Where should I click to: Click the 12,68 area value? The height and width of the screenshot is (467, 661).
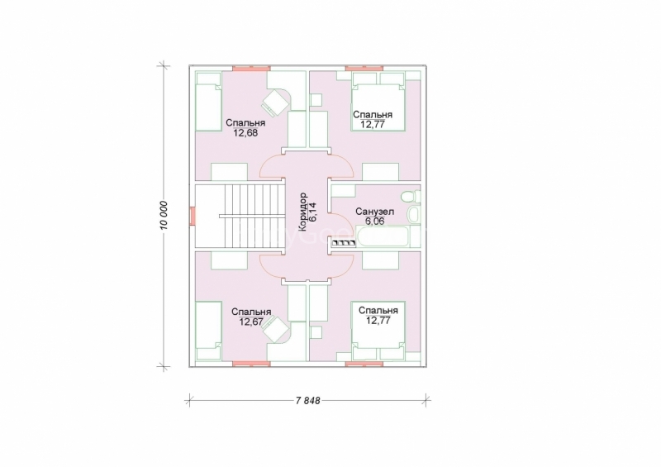pos(245,133)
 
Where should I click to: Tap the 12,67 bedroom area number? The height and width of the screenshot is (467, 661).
pos(251,322)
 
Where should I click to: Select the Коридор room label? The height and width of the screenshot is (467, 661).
pos(302,212)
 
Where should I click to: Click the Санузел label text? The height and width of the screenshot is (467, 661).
pos(374,212)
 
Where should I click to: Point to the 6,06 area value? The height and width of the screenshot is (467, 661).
pos(374,221)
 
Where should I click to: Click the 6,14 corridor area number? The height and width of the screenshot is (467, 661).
pos(312,212)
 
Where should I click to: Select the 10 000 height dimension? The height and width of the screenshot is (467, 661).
pos(164,216)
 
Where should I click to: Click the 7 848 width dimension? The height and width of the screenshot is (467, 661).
pos(307,400)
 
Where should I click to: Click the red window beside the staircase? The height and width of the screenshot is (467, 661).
pos(193,216)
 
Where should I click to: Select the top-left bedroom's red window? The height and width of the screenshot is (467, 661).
pos(251,68)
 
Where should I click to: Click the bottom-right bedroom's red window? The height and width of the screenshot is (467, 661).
pos(364,363)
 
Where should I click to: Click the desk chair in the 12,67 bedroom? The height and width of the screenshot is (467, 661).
pos(275,329)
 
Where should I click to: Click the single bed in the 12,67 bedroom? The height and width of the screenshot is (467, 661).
pos(209,331)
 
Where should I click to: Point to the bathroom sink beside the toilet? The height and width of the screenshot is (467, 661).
pos(414,214)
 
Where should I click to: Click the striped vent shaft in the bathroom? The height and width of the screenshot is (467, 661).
pos(344,242)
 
